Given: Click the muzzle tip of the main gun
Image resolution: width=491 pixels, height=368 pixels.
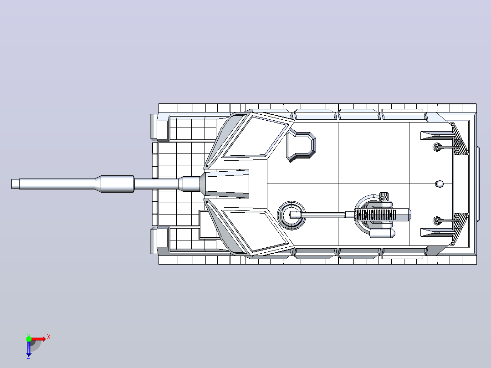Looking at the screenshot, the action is tap(12, 184).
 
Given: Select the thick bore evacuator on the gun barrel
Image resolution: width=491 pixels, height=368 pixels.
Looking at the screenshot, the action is tap(117, 184).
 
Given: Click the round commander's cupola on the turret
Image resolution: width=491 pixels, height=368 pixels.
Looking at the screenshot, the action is tap(291, 215).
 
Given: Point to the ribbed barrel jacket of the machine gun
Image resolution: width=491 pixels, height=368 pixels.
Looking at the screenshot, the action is tap(375, 215).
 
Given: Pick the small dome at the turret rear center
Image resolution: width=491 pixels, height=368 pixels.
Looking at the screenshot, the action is tap(440, 184).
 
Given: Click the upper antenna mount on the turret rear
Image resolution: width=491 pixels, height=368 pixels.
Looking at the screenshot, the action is tap(437, 147).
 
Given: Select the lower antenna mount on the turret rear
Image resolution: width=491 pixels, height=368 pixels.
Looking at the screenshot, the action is tap(437, 221).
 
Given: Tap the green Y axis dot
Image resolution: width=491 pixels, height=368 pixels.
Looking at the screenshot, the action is tap(29, 338).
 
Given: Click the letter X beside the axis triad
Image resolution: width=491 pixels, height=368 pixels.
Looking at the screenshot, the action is tap(49, 337).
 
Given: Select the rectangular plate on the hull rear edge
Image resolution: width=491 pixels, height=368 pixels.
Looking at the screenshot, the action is tap(478, 184).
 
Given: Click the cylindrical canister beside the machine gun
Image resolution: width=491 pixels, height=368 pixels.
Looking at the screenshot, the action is tap(382, 233).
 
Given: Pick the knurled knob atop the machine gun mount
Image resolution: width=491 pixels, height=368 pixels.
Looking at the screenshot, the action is tap(384, 197).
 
